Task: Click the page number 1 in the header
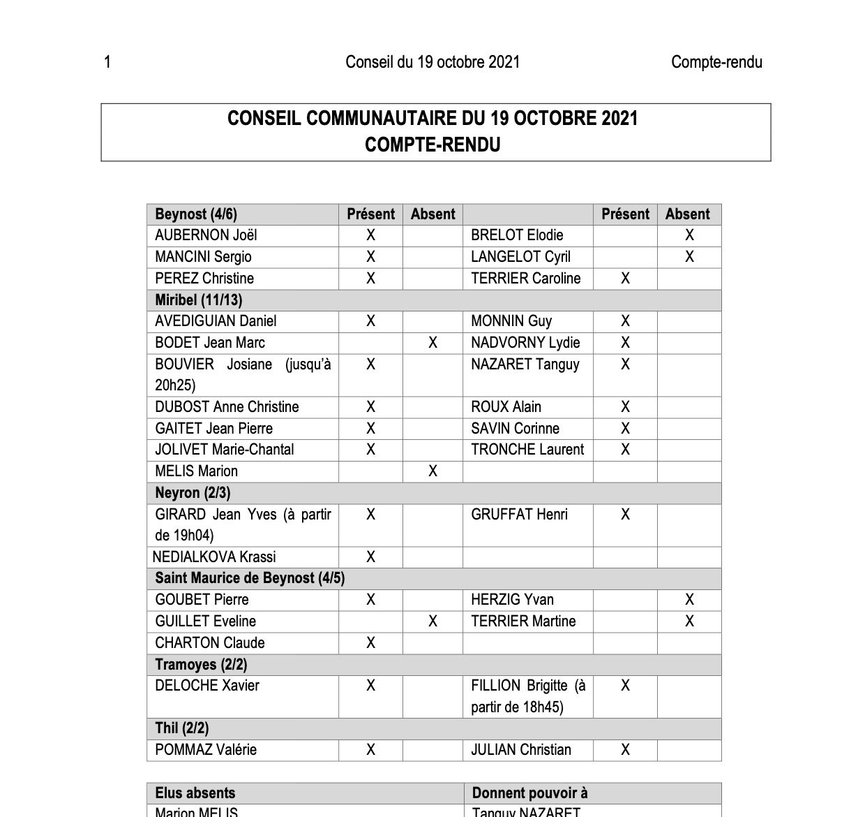click(x=107, y=62)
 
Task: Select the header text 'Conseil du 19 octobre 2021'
click(x=433, y=62)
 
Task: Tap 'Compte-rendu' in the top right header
click(x=716, y=62)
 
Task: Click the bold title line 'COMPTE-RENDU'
click(x=433, y=145)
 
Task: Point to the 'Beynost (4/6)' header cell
click(x=196, y=214)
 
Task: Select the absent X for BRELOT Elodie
click(x=689, y=235)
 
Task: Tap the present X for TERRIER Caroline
click(x=625, y=278)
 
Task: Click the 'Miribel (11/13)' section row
click(x=199, y=300)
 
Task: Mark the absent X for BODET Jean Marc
click(x=433, y=342)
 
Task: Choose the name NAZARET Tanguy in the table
click(x=525, y=364)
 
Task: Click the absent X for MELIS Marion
click(x=433, y=471)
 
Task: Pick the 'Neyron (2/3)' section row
click(x=193, y=492)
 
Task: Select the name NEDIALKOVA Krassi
click(x=214, y=557)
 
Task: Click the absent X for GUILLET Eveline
click(x=433, y=621)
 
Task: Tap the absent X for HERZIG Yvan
click(x=689, y=599)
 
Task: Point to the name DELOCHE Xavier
click(x=206, y=686)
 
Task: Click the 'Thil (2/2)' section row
click(x=181, y=728)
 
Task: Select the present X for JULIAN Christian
click(x=625, y=749)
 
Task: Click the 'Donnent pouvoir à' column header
click(x=529, y=793)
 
